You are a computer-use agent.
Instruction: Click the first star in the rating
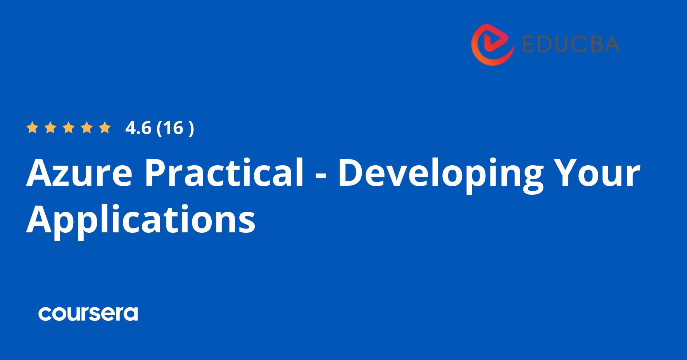[x=32, y=128]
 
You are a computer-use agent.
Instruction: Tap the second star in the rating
[x=50, y=128]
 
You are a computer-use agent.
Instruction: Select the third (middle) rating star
[x=69, y=128]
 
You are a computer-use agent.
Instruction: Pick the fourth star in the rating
[x=87, y=128]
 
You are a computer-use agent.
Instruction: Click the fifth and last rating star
[x=105, y=128]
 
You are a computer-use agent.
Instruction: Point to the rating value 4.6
[x=138, y=128]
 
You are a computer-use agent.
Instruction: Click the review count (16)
[x=175, y=128]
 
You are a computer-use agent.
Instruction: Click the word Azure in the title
[x=79, y=173]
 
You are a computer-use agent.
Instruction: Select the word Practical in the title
[x=224, y=173]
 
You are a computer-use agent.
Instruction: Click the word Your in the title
[x=597, y=173]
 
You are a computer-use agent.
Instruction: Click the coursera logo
[x=88, y=313]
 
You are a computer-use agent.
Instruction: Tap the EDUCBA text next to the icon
[x=571, y=44]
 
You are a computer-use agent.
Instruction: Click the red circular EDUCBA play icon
[x=492, y=44]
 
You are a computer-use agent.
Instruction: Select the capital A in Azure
[x=40, y=173]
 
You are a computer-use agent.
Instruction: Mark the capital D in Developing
[x=351, y=173]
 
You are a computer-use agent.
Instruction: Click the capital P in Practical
[x=156, y=173]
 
